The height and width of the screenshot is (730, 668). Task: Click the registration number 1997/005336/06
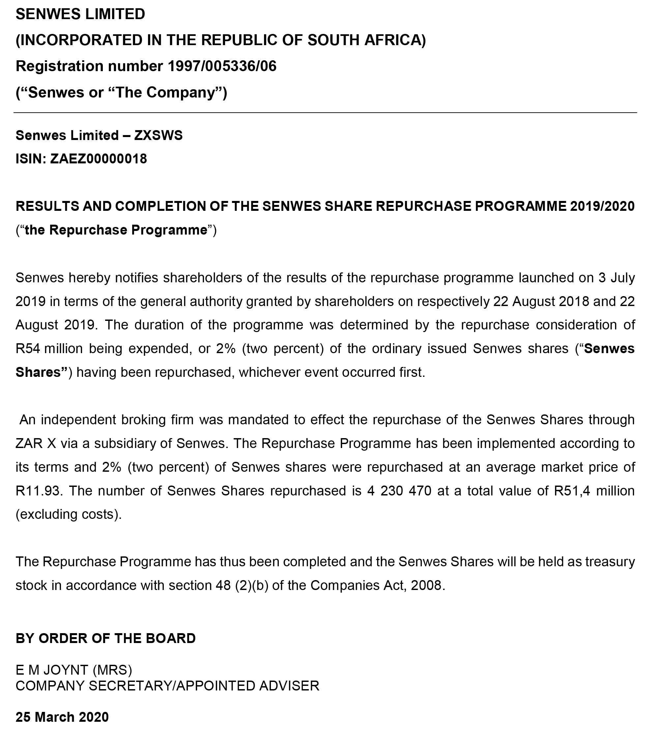point(222,66)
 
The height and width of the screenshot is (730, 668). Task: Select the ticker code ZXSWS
point(158,135)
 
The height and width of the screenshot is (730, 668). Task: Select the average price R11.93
point(39,491)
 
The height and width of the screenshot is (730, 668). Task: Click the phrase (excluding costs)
point(69,515)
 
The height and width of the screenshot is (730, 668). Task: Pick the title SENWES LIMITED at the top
point(80,14)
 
